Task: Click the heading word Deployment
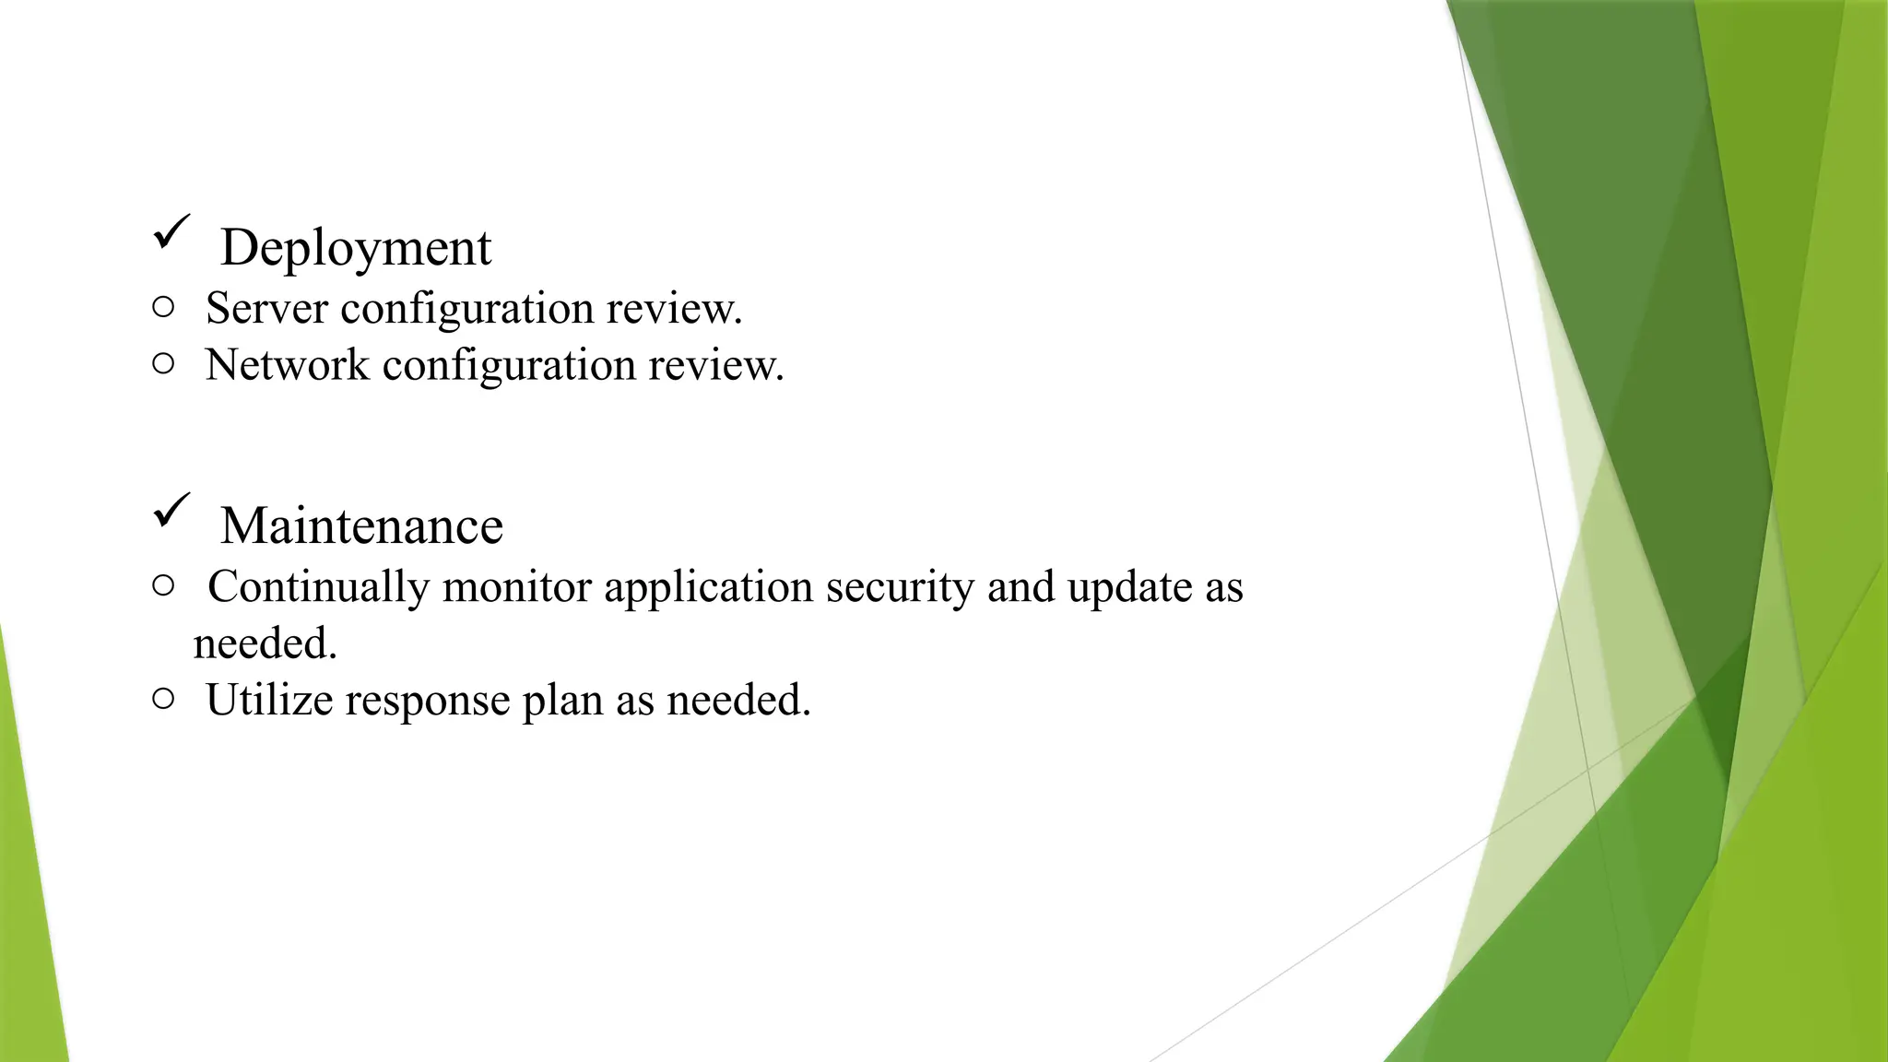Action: coord(356,248)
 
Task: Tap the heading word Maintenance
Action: coord(361,526)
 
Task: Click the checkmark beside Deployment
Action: coord(171,230)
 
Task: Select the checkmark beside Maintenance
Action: coord(171,510)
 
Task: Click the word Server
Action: coord(266,308)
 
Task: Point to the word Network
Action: coord(287,365)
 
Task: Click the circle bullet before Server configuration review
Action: coord(163,307)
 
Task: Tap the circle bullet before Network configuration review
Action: coord(163,364)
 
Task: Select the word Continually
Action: coord(318,588)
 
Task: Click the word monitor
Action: coord(516,587)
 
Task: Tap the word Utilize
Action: coord(269,700)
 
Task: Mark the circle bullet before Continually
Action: coord(163,585)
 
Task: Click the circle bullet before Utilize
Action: coord(163,699)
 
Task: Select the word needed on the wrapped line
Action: coord(264,643)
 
